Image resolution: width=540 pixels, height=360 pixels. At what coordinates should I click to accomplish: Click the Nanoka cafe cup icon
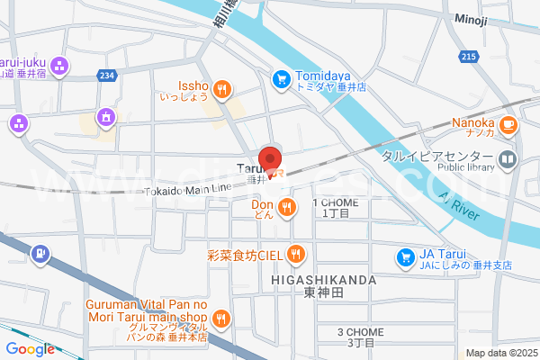pos(509,123)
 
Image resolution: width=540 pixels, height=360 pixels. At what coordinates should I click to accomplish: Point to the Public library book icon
pos(508,161)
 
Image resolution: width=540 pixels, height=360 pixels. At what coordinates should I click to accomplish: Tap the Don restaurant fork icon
pos(287,209)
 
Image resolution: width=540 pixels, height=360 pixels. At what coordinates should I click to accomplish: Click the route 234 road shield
pos(108,76)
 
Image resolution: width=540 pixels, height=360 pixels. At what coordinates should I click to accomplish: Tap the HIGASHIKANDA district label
pos(322,281)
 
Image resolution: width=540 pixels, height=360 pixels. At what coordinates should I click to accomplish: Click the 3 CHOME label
pos(355,332)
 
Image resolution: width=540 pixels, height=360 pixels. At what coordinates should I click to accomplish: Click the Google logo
pos(30,349)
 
